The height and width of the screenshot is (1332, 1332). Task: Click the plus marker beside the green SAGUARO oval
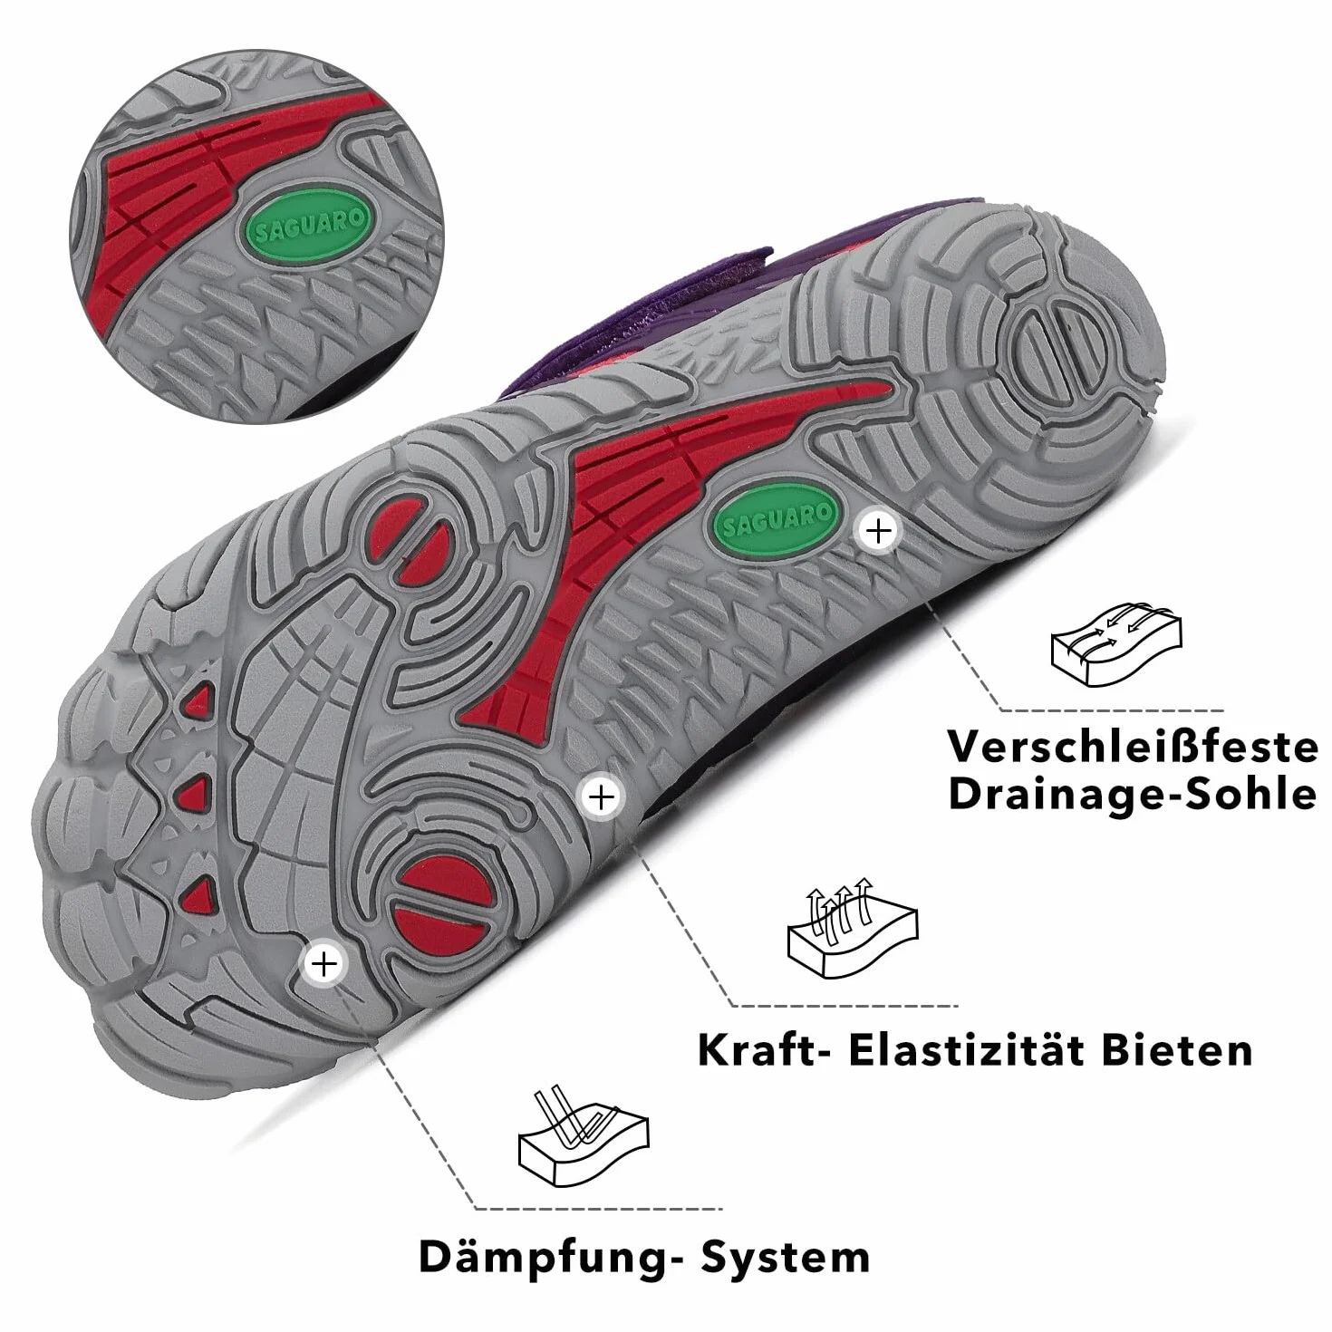point(879,531)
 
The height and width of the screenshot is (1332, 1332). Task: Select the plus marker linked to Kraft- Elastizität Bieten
point(602,797)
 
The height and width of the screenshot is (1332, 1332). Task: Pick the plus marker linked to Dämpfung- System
point(324,963)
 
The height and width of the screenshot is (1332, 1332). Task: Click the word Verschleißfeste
point(1133,748)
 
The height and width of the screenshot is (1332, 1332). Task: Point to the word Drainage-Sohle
point(1133,795)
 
